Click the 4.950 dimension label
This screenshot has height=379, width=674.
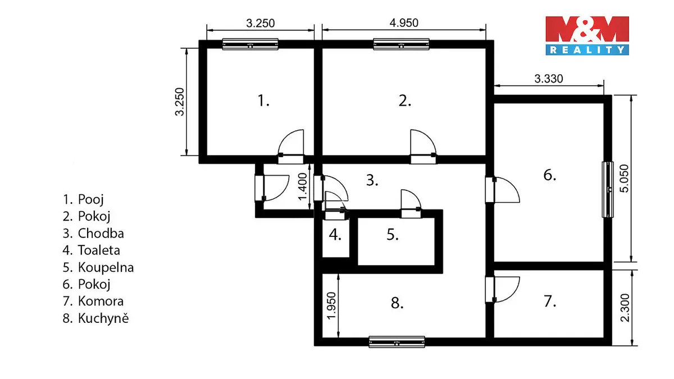(404, 23)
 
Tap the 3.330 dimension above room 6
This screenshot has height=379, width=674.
(549, 79)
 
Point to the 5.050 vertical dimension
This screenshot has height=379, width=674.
(624, 179)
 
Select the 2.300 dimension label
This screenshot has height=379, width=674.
(625, 308)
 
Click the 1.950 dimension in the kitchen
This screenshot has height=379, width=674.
(331, 305)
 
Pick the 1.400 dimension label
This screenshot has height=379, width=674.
(302, 186)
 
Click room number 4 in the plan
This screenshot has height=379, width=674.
(335, 235)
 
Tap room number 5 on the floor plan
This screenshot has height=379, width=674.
(393, 235)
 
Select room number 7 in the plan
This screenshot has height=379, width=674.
(550, 302)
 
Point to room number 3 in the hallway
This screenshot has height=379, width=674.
(372, 180)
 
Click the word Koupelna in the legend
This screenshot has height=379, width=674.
(106, 268)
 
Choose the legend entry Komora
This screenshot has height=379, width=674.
(101, 302)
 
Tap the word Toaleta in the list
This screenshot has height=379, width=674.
(99, 250)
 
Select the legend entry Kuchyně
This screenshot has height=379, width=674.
(103, 318)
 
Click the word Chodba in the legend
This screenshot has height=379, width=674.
(101, 234)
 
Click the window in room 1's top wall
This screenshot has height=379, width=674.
(250, 44)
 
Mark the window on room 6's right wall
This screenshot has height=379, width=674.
(608, 190)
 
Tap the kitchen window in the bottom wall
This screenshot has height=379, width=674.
(397, 342)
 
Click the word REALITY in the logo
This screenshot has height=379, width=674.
(587, 50)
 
